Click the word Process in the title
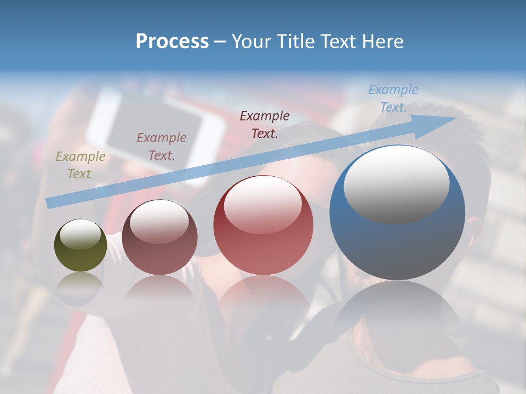coord(172,42)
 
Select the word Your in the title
coord(250,42)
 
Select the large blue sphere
coord(397,241)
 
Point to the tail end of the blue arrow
coord(49,204)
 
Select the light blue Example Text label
coord(393,99)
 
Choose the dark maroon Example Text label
coord(265,124)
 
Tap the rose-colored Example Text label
coord(162,146)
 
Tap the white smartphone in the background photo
coord(159,131)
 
